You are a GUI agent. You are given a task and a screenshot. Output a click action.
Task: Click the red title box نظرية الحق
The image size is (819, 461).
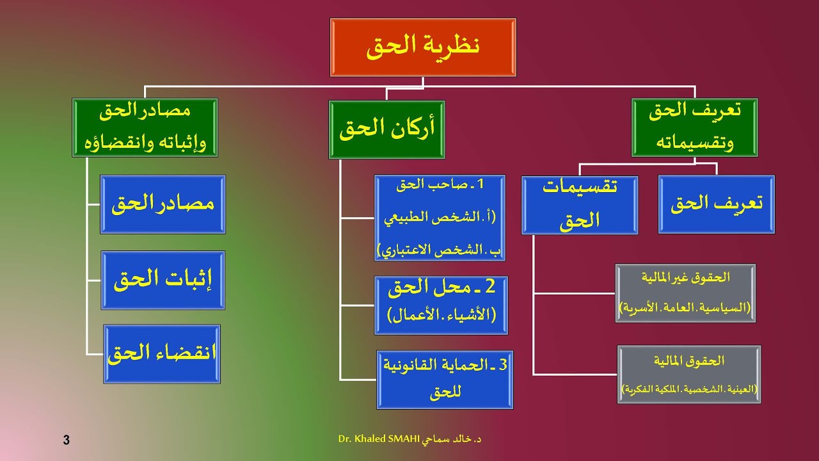pos(423,47)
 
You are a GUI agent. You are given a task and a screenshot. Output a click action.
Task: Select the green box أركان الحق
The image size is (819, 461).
pos(386,129)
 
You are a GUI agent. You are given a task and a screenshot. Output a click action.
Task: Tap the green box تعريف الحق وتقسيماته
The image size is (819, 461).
pos(694,127)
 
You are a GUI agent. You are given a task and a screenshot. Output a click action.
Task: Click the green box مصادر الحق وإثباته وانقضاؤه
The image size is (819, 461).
pos(145,127)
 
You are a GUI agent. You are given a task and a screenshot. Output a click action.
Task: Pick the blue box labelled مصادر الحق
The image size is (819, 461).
pos(163,204)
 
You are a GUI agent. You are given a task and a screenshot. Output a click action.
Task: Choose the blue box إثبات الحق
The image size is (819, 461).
pos(163,280)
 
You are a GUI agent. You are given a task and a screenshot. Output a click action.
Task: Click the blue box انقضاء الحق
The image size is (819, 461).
pos(163,354)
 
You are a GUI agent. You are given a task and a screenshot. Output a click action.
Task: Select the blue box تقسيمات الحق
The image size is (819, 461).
pos(580,205)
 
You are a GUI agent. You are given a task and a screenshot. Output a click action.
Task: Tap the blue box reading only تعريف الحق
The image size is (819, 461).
pos(717,204)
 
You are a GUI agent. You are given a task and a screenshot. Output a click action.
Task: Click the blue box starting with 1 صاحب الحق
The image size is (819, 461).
pos(440,218)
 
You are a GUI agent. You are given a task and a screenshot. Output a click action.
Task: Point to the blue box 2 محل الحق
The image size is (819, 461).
pos(441,305)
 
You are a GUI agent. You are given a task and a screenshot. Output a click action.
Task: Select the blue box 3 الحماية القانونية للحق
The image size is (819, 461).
pos(445,380)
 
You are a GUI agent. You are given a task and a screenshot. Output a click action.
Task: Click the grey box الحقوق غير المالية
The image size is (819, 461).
pos(685,293)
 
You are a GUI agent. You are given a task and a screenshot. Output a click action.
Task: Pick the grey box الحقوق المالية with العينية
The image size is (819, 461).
pos(688,375)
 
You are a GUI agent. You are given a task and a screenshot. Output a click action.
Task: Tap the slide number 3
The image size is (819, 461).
pos(67,440)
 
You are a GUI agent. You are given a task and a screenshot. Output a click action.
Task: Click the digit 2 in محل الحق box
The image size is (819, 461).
pos(491,287)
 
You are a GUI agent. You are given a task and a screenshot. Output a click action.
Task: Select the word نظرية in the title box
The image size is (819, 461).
pos(454,46)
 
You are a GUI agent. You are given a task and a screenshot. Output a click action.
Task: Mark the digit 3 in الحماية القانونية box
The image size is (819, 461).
pos(502,365)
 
